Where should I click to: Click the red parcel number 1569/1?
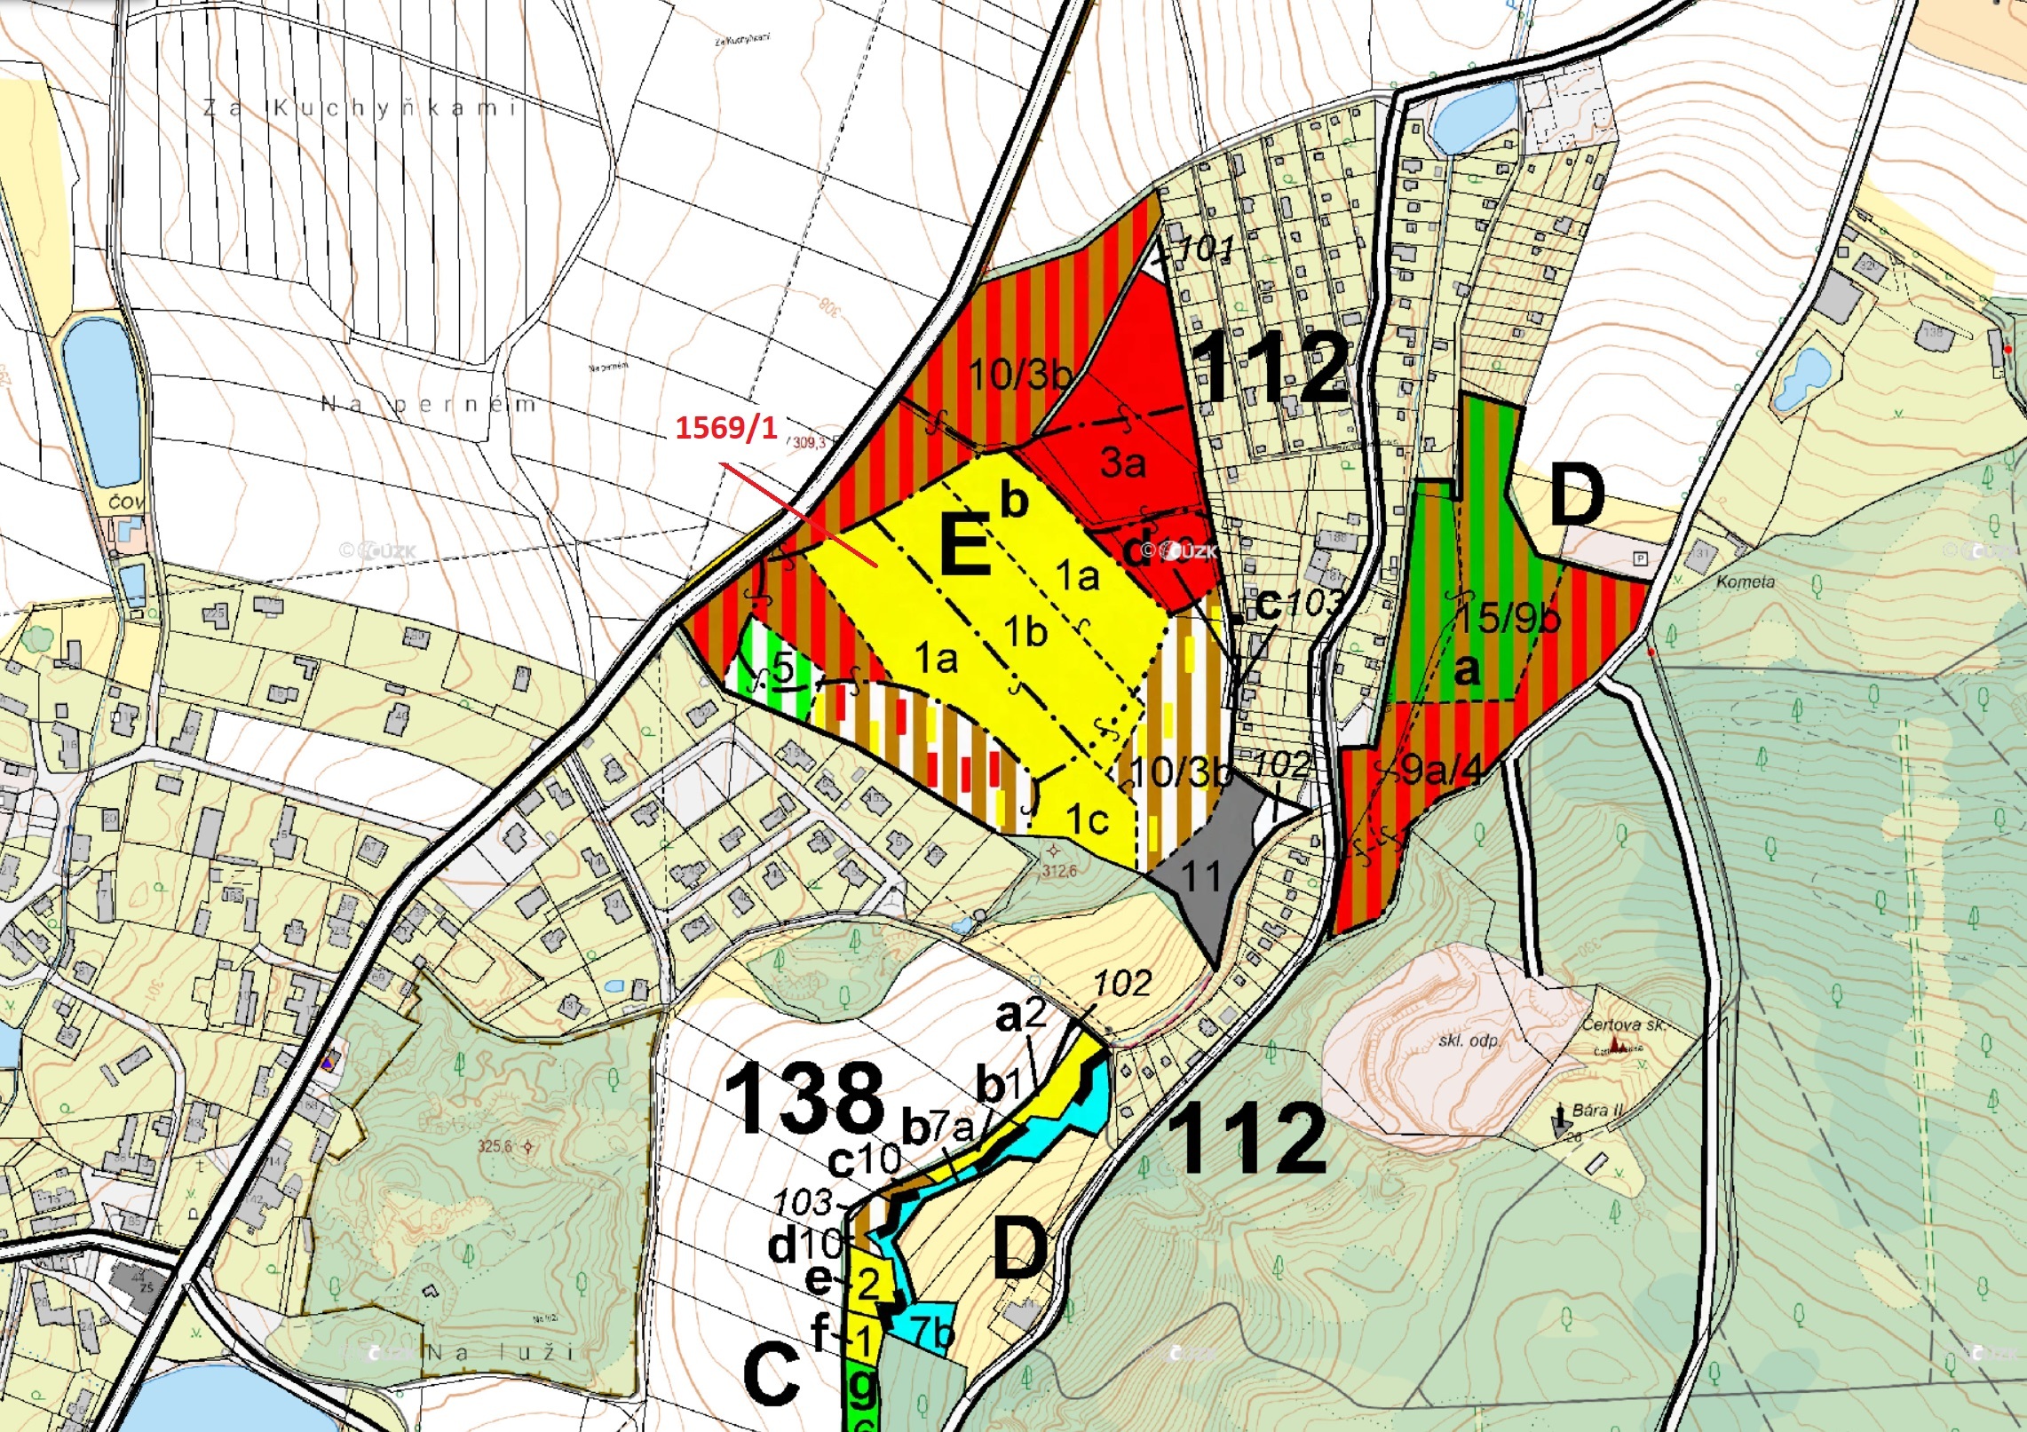(x=725, y=428)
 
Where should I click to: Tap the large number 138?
(x=804, y=1100)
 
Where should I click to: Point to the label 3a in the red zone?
(x=1122, y=463)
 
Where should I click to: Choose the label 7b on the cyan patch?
(x=932, y=1333)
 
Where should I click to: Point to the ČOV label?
(x=125, y=502)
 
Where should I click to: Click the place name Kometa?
(x=1746, y=582)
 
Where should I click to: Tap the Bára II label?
(x=1597, y=1110)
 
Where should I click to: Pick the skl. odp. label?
(x=1469, y=1040)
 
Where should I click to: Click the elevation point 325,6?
(x=495, y=1146)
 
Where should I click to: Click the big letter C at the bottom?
(x=772, y=1375)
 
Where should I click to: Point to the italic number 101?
(x=1207, y=249)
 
